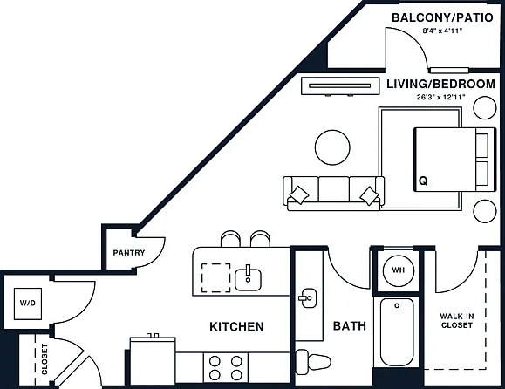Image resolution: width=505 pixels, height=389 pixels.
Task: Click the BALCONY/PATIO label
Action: tap(442, 17)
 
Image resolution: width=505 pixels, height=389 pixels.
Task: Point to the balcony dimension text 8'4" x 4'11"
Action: tap(442, 31)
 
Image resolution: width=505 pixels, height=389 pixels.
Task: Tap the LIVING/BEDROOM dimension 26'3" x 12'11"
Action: tap(441, 97)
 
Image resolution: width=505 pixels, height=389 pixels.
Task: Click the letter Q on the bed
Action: tap(423, 181)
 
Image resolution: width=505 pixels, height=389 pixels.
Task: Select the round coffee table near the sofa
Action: tap(332, 147)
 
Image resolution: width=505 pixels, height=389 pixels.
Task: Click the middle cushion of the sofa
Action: tap(334, 189)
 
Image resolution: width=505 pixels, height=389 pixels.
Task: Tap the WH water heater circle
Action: tap(398, 270)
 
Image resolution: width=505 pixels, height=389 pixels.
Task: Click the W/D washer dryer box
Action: tap(28, 304)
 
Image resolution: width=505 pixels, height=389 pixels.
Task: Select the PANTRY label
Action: tap(129, 253)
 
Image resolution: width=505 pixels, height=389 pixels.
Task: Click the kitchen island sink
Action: tap(248, 279)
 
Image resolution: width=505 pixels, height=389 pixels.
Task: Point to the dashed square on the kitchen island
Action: tap(215, 278)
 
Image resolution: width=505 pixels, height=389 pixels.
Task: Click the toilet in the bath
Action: tap(313, 362)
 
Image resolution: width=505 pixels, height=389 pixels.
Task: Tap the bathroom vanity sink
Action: tap(308, 298)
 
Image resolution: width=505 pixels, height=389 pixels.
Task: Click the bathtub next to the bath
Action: tap(397, 331)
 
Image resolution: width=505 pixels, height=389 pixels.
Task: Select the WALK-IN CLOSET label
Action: tap(457, 321)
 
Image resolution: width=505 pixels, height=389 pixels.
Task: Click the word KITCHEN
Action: tap(236, 326)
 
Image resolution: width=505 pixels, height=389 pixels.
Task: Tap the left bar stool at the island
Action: tap(230, 239)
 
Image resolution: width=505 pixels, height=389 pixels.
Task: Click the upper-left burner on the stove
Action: tap(215, 361)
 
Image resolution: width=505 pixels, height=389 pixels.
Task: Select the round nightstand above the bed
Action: tap(485, 108)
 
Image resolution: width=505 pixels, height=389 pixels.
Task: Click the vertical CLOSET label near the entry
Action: tap(44, 359)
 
